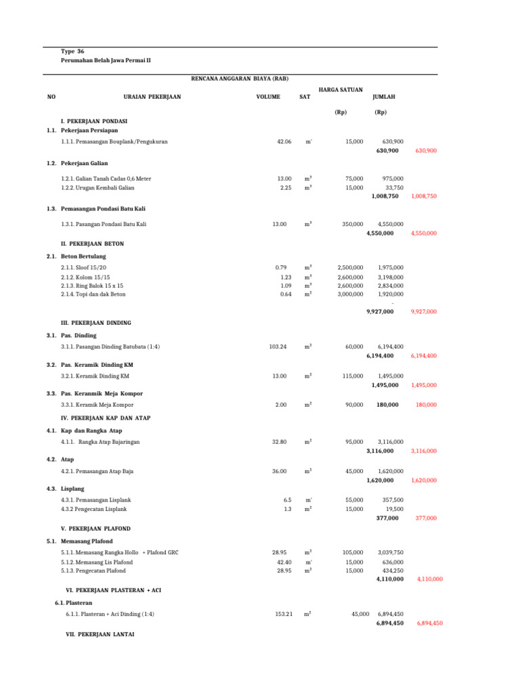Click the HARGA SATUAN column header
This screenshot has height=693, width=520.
(x=341, y=89)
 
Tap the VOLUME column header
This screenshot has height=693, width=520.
(x=267, y=97)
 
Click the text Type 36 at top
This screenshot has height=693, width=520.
(x=72, y=51)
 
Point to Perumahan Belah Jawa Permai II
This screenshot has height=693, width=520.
(x=106, y=60)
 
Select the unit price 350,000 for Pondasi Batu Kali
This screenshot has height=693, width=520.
(x=350, y=223)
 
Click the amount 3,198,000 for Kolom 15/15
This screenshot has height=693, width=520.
(x=390, y=277)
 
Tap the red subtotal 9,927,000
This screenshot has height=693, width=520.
(x=423, y=311)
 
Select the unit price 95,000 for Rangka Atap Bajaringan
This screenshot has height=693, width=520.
(x=354, y=442)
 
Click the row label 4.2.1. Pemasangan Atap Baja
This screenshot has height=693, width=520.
(x=101, y=471)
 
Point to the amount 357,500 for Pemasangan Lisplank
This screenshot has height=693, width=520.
(x=393, y=500)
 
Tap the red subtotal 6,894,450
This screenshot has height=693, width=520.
(x=429, y=623)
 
